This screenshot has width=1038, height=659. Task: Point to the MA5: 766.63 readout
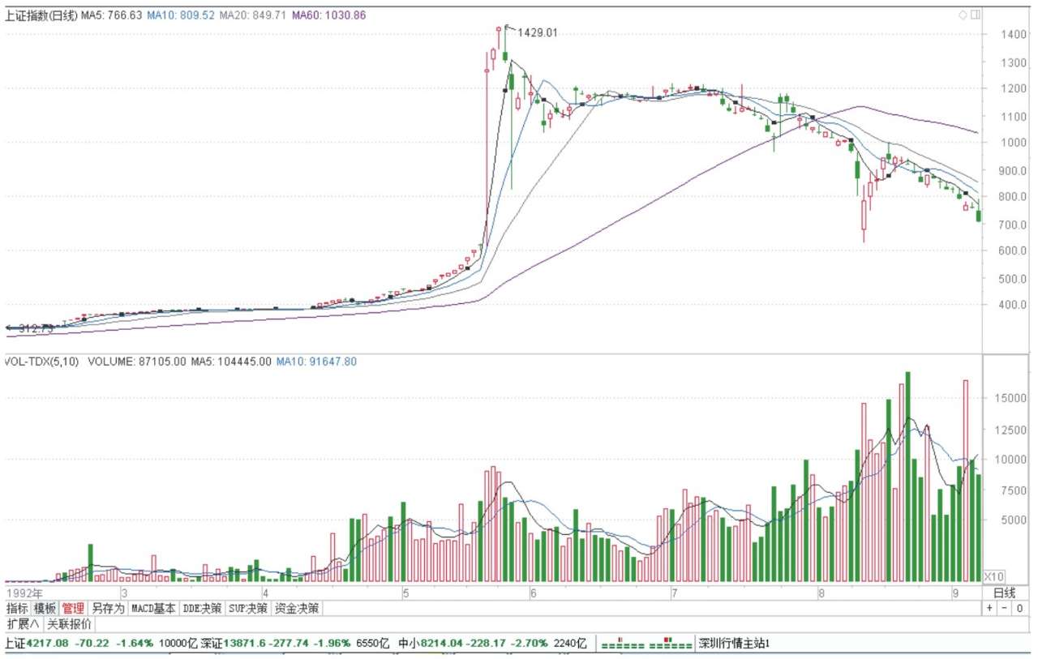point(111,15)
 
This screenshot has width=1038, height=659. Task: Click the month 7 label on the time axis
point(674,594)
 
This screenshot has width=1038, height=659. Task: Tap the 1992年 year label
point(24,594)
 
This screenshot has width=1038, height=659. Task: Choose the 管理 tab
point(73,608)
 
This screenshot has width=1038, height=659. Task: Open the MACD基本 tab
point(153,608)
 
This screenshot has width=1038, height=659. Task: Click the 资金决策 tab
point(297,608)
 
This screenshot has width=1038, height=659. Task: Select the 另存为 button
point(107,608)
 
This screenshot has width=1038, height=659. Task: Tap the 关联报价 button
point(69,624)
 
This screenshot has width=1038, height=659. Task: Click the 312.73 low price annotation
point(35,328)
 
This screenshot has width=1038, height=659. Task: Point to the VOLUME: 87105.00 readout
point(137,362)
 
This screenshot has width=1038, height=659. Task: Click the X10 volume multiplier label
point(993,576)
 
